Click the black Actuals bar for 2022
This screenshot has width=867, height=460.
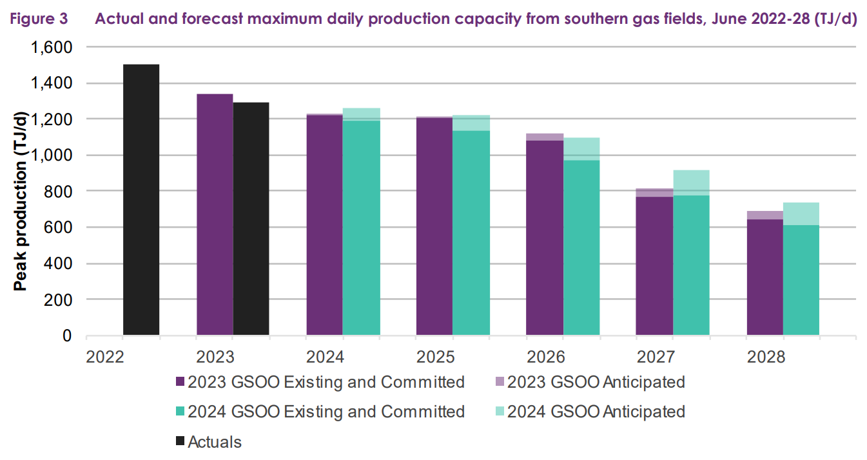pos(141,200)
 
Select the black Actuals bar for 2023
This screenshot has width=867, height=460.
pos(251,219)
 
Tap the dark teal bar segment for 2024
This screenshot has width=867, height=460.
pos(361,228)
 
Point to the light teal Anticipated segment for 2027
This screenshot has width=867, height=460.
pos(691,183)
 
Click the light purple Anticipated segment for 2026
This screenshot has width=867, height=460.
pos(545,137)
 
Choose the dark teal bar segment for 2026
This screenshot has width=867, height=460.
pos(581,248)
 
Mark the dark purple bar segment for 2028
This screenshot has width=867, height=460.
pos(765,277)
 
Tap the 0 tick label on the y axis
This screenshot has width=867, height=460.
pos(67,336)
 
